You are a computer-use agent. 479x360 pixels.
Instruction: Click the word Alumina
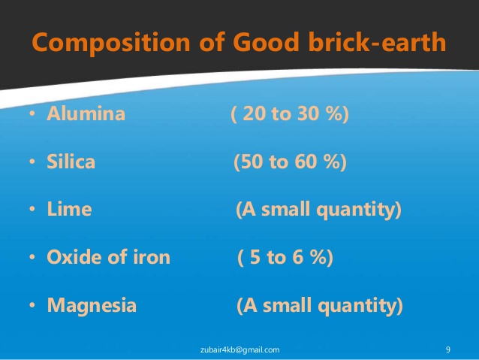pos(86,115)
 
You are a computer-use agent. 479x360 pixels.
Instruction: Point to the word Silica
pos(71,162)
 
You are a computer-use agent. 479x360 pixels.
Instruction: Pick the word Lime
pos(69,210)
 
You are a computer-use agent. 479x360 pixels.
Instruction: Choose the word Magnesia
pos(92,306)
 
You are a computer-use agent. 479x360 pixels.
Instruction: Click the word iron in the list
pos(150,258)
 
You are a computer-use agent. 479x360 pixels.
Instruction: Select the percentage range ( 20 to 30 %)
pos(290,115)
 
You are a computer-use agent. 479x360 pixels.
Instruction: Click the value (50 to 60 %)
pos(290,162)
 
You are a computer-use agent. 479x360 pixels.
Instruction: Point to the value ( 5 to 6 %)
pos(285,258)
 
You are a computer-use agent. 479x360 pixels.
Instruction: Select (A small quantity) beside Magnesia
pos(319,306)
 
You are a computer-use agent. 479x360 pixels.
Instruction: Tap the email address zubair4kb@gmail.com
pos(241,349)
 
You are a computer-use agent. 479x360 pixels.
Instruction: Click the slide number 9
pos(447,349)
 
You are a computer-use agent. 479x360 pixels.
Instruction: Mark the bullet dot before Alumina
pos(33,116)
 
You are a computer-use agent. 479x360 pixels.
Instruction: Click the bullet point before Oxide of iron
pos(33,259)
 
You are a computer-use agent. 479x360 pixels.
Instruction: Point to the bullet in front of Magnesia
pos(33,307)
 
